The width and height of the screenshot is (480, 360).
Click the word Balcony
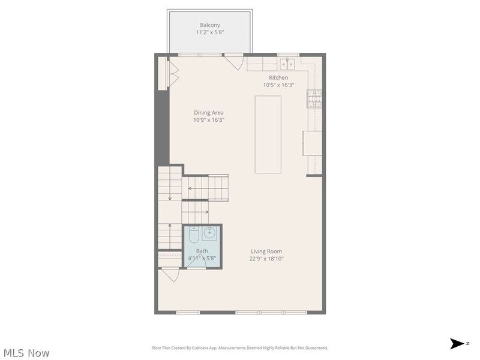pyautogui.click(x=210, y=25)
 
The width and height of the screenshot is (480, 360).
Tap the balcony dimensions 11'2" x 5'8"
pyautogui.click(x=210, y=32)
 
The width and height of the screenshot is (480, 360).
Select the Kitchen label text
pyautogui.click(x=278, y=77)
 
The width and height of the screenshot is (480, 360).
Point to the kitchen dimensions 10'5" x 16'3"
pyautogui.click(x=278, y=85)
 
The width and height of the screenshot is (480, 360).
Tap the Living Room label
pyautogui.click(x=266, y=251)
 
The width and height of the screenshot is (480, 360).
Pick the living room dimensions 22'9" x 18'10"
pyautogui.click(x=266, y=259)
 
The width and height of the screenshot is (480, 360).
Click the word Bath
pyautogui.click(x=202, y=251)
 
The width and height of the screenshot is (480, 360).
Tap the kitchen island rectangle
pyautogui.click(x=268, y=134)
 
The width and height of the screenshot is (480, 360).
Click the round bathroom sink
pyautogui.click(x=212, y=233)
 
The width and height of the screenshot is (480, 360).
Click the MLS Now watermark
pyautogui.click(x=26, y=353)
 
